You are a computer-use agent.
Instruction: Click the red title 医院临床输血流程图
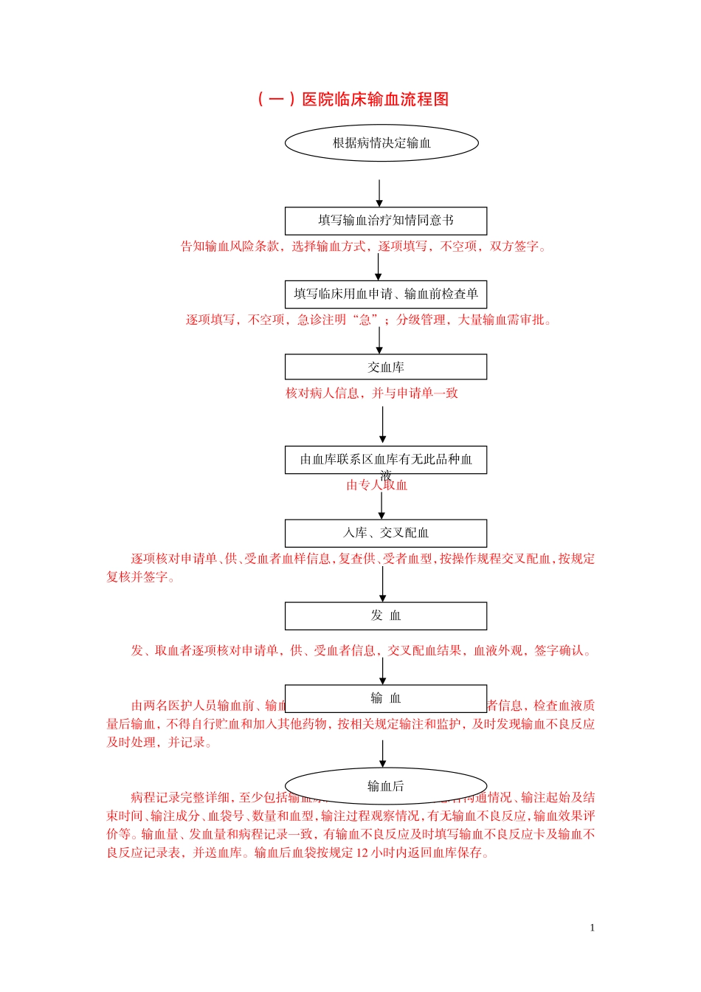pos(353,99)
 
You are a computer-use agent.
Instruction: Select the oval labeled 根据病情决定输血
pos(381,143)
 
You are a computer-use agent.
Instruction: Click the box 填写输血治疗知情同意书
pos(386,221)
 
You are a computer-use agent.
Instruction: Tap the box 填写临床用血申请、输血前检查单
pos(386,294)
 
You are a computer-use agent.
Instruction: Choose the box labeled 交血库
pos(386,367)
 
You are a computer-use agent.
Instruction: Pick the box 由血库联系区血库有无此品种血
pos(386,459)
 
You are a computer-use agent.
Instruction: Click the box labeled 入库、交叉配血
pos(386,533)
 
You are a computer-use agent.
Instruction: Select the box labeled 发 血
pos(386,616)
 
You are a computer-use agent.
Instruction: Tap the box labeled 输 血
pos(386,697)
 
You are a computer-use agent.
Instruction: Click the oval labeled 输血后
pos(386,785)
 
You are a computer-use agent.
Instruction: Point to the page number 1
pos(592,928)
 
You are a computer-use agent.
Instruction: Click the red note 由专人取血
pos(377,486)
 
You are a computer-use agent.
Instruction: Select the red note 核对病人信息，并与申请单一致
pos(372,393)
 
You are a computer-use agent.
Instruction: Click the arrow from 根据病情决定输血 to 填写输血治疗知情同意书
pos(379,193)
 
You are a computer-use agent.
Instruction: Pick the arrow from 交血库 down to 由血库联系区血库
pos(382,425)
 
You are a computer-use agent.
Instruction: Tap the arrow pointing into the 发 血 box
pos(382,584)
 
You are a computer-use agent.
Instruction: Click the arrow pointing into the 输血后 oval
pos(382,754)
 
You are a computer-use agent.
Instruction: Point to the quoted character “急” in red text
pos(365,320)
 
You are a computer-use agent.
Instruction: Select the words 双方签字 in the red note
pos(514,247)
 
